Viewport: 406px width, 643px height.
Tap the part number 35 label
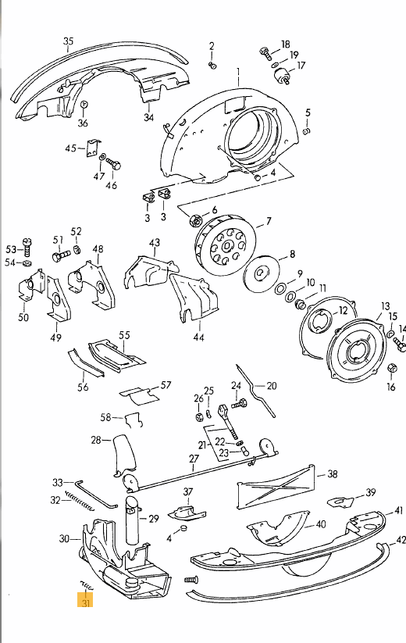tap(69, 41)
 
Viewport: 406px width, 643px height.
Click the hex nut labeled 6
tap(195, 220)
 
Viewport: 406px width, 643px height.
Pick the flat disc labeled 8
tap(262, 273)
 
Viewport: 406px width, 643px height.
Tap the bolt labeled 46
tap(113, 165)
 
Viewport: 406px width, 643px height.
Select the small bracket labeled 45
tap(93, 148)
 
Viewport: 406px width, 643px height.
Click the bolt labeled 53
tap(27, 247)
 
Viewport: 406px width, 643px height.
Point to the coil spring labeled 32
tap(79, 501)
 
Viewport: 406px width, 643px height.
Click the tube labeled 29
tap(132, 520)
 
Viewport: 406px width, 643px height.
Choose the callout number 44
tap(198, 337)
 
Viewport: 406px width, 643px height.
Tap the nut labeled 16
tap(392, 367)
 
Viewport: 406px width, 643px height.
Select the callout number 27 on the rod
tap(194, 459)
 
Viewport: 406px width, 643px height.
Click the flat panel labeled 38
tap(276, 488)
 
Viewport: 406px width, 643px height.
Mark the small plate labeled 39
tap(340, 501)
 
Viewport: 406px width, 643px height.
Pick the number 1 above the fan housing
tap(238, 73)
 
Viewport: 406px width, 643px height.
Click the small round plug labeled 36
tap(84, 105)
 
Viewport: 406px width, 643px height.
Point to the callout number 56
tap(83, 387)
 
